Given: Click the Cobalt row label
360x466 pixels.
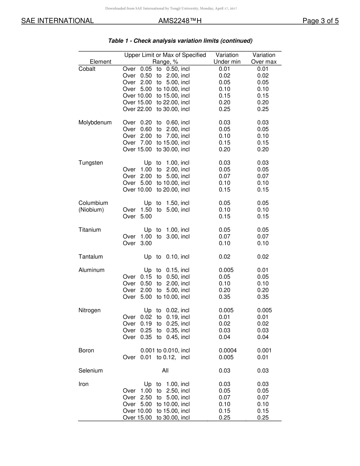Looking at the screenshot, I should pyautogui.click(x=87, y=69).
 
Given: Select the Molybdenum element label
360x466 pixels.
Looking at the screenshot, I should pyautogui.click(x=95, y=123).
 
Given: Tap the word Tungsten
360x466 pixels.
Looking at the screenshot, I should pyautogui.click(x=91, y=163).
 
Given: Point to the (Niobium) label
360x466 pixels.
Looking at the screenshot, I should pyautogui.click(x=91, y=210).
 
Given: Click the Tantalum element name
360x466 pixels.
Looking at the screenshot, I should pyautogui.click(x=91, y=257).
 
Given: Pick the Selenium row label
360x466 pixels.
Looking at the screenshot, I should pyautogui.click(x=91, y=371).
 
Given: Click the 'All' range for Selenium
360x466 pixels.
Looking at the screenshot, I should pyautogui.click(x=165, y=371).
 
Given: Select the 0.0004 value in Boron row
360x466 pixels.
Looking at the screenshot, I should pyautogui.click(x=228, y=351).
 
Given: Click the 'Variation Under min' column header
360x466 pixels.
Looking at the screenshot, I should pyautogui.click(x=227, y=58).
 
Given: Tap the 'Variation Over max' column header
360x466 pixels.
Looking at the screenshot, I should pyautogui.click(x=264, y=58).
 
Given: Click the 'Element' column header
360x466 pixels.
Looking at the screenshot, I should pyautogui.click(x=100, y=62).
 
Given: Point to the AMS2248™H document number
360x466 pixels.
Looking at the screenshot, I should pyautogui.click(x=180, y=21).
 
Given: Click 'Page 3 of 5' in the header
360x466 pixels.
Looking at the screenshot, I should pyautogui.click(x=320, y=21).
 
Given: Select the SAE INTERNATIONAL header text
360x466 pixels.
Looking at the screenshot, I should pyautogui.click(x=58, y=21).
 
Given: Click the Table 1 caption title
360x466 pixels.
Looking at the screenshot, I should pyautogui.click(x=180, y=41).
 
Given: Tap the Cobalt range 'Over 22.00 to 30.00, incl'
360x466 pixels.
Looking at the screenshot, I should pyautogui.click(x=156, y=109).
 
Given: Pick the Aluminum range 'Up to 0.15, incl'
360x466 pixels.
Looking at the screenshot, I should pyautogui.click(x=166, y=270).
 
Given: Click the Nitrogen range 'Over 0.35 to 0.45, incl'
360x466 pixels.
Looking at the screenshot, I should pyautogui.click(x=156, y=337).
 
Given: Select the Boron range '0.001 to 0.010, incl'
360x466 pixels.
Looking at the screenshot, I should pyautogui.click(x=165, y=351).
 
